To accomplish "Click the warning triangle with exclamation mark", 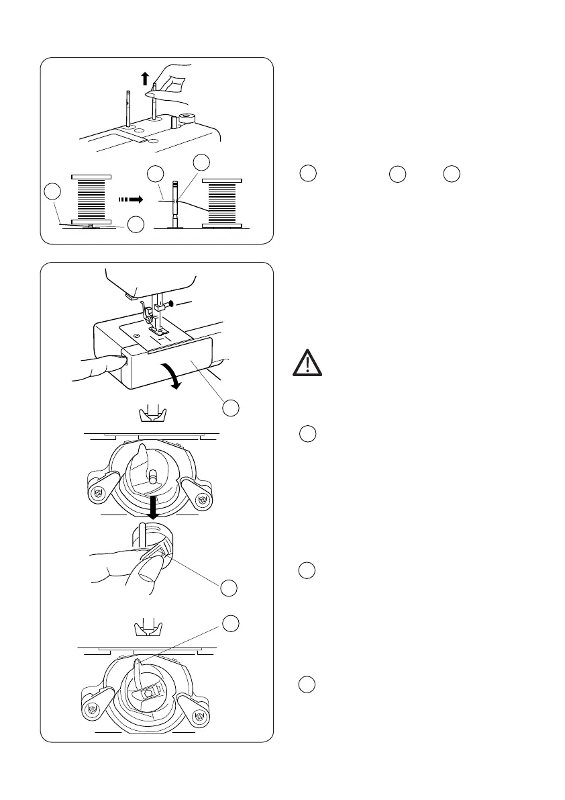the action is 306,364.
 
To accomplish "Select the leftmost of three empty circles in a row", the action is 308,173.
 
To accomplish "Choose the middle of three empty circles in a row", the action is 397,173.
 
